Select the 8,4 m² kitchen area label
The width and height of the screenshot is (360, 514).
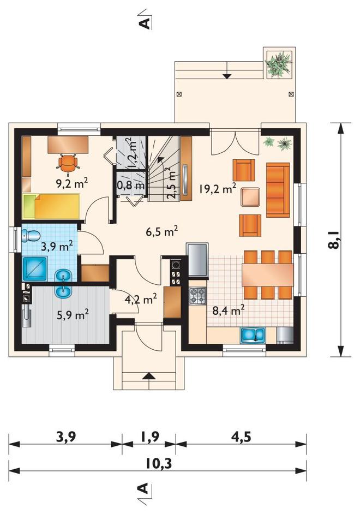point(228,309)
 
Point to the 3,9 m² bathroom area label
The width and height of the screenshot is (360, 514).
point(57,246)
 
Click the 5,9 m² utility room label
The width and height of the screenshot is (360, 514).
point(73,315)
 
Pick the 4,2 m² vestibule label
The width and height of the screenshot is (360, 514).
point(141,298)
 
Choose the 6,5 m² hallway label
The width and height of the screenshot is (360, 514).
point(162,231)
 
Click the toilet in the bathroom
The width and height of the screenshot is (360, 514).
point(31,235)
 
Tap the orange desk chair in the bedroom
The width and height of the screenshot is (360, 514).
point(68,162)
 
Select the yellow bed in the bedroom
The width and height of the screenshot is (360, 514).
point(51,206)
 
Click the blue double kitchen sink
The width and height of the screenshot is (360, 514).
point(253,335)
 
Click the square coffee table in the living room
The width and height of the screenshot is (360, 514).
point(250,196)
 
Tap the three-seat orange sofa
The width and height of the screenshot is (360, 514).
point(278,190)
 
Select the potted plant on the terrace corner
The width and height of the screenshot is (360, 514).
point(279,63)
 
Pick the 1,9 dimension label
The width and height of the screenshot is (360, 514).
point(149,437)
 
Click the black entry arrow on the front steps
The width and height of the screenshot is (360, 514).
point(149,375)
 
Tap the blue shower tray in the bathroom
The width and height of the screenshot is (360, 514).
point(35,268)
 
